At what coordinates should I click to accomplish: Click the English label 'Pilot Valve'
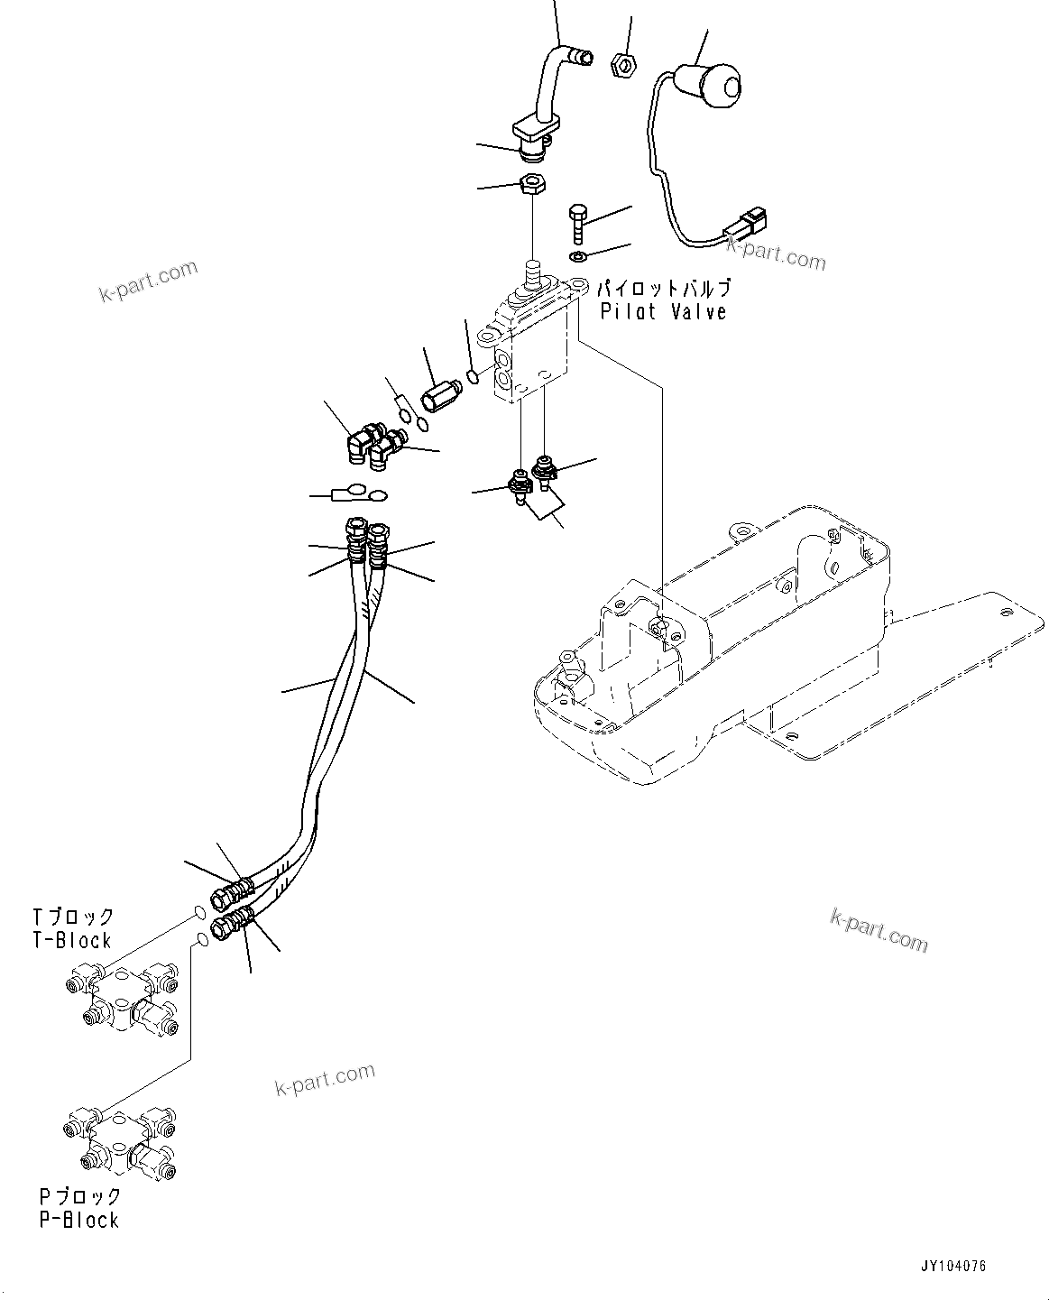point(663,312)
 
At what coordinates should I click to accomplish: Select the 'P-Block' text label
point(78,1220)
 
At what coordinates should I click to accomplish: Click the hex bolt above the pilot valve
point(577,222)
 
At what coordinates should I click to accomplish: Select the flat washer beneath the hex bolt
point(578,259)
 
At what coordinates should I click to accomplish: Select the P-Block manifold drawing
point(122,1139)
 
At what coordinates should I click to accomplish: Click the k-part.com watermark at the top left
point(149,281)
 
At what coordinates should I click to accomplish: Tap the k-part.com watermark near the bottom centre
point(325,1077)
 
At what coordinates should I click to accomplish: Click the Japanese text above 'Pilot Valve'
point(663,289)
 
